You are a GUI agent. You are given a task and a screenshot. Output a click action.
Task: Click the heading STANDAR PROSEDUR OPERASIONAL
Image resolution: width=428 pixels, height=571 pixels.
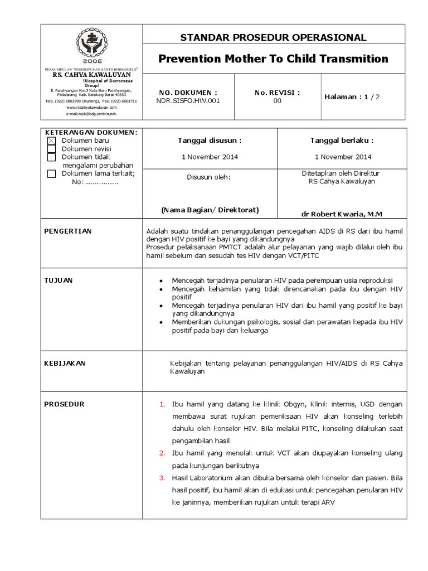[x=273, y=37]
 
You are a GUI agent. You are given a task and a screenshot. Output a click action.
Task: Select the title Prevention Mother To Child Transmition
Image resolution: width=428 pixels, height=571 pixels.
[x=273, y=59]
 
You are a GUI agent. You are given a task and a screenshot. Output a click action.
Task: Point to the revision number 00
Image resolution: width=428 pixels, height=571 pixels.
[x=277, y=101]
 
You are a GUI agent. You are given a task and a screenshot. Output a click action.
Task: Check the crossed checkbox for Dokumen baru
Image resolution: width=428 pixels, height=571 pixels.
[x=52, y=141]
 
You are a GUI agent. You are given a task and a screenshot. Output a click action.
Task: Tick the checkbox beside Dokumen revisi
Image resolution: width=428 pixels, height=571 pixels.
[x=52, y=149]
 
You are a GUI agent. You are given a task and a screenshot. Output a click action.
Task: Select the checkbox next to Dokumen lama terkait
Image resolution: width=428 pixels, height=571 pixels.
[x=52, y=173]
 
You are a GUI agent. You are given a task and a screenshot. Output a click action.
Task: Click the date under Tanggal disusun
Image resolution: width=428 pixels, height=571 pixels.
[x=210, y=157]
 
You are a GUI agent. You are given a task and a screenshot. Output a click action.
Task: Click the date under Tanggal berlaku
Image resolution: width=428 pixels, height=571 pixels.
[x=343, y=157]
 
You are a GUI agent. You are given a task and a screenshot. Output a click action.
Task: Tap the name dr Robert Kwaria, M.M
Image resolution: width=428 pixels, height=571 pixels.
[x=342, y=214]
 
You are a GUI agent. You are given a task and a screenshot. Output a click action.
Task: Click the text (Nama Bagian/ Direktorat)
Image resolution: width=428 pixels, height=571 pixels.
[x=210, y=210]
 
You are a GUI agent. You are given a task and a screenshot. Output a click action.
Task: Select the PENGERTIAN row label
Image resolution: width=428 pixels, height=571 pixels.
[x=68, y=231]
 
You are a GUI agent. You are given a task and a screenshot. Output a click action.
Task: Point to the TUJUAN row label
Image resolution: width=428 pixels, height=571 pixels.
[x=59, y=280]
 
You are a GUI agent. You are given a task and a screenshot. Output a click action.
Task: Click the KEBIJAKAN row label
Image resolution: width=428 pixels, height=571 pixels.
[x=65, y=363]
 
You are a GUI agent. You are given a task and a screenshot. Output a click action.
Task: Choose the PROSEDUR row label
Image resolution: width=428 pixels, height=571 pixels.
[x=64, y=404]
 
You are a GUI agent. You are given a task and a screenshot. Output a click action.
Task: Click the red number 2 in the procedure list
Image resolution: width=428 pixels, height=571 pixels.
[x=162, y=452]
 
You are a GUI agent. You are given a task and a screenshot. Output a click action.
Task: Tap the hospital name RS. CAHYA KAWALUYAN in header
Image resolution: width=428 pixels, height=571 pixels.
[x=91, y=74]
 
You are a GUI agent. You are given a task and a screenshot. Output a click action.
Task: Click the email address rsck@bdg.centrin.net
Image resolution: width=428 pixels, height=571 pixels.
[x=91, y=113]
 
